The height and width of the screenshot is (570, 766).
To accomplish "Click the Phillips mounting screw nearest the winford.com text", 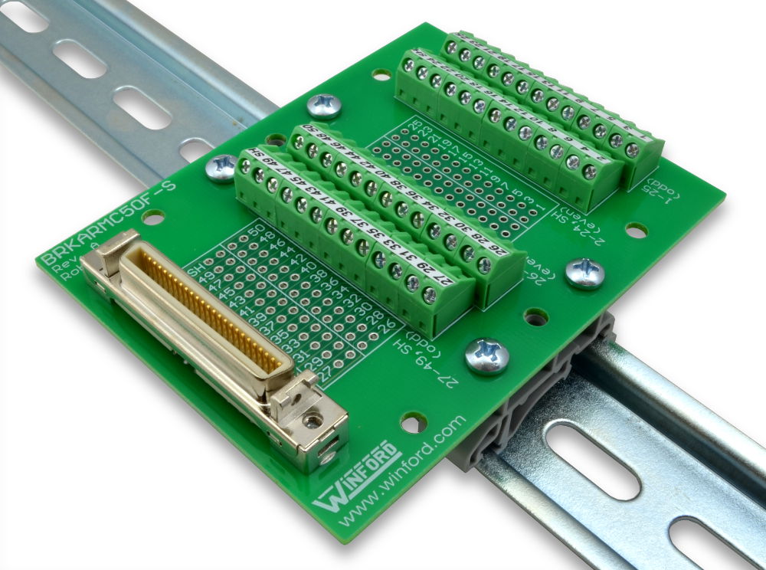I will coord(486,355).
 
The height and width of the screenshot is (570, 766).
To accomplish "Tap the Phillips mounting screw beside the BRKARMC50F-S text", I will coord(222,167).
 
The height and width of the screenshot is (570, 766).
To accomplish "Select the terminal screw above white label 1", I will coord(632,150).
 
